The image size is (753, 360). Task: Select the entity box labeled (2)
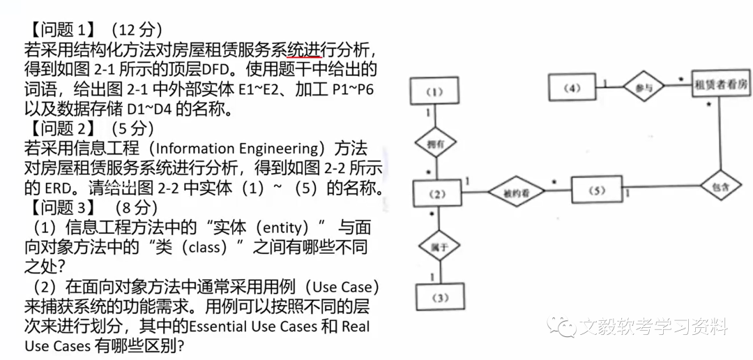tap(437, 193)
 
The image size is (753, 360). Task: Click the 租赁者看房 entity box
tap(721, 86)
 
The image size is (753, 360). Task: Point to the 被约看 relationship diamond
tap(517, 193)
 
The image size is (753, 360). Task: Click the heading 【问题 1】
tap(61, 30)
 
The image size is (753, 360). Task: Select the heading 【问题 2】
tap(61, 129)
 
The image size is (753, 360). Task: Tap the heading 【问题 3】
tap(61, 208)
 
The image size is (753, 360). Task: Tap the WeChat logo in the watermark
tap(561, 327)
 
